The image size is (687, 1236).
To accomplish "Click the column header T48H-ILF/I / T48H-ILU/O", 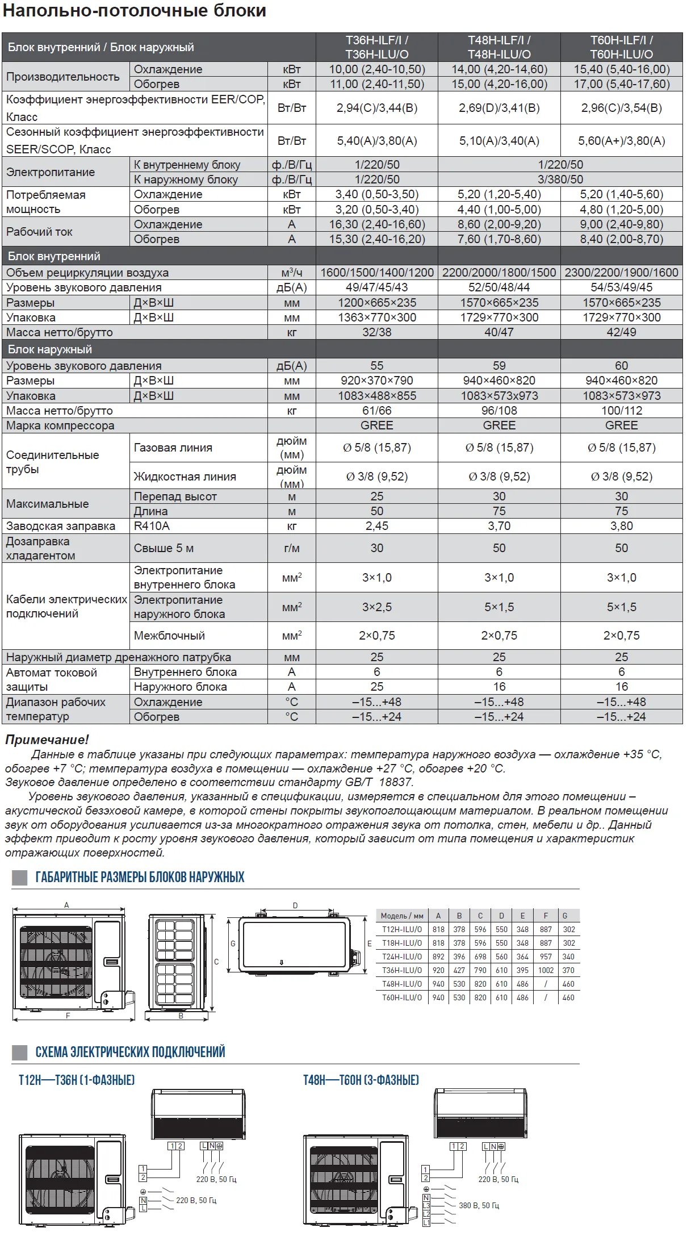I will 499,47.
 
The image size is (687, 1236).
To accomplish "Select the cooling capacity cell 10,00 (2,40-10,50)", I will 377,69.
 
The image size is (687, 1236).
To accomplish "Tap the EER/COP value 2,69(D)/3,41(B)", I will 499,108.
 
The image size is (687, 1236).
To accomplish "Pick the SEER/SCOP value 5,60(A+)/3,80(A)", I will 621,141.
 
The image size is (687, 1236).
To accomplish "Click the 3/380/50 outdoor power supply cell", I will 560,179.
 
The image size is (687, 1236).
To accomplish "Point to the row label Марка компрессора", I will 60,425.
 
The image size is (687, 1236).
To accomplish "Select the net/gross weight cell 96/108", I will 499,411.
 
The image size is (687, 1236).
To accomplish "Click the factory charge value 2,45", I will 377,526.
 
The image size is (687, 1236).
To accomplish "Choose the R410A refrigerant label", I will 152,526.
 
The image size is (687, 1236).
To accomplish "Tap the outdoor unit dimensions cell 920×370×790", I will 377,381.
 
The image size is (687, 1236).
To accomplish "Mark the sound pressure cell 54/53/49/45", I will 621,287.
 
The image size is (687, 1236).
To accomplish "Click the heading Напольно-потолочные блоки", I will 135,11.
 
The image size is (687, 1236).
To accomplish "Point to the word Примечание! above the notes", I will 47,740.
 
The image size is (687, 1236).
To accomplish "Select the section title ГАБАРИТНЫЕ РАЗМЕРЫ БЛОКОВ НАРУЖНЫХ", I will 140,878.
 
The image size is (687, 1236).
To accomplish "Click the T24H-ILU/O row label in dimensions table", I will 402,957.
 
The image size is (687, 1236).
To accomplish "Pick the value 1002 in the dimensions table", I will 546,970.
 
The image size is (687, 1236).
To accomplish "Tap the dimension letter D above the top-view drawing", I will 295,905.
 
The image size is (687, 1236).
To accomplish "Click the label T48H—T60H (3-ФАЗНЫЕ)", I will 361,1080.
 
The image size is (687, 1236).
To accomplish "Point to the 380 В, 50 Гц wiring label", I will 479,1205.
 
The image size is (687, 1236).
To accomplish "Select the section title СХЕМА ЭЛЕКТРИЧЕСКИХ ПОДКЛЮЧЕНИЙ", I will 130,1052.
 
